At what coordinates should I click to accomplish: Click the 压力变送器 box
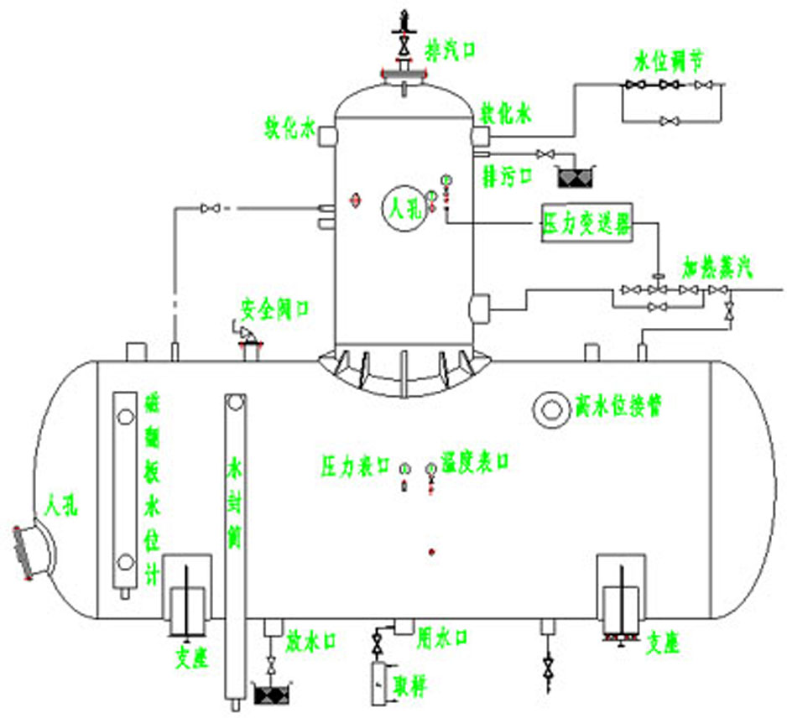point(585,224)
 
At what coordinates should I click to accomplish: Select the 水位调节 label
point(668,61)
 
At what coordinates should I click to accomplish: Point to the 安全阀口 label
point(274,309)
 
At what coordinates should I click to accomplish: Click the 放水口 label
point(310,641)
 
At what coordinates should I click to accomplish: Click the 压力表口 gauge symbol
point(404,469)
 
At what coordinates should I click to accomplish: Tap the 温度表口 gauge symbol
point(431,469)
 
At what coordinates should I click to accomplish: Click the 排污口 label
point(507,175)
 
